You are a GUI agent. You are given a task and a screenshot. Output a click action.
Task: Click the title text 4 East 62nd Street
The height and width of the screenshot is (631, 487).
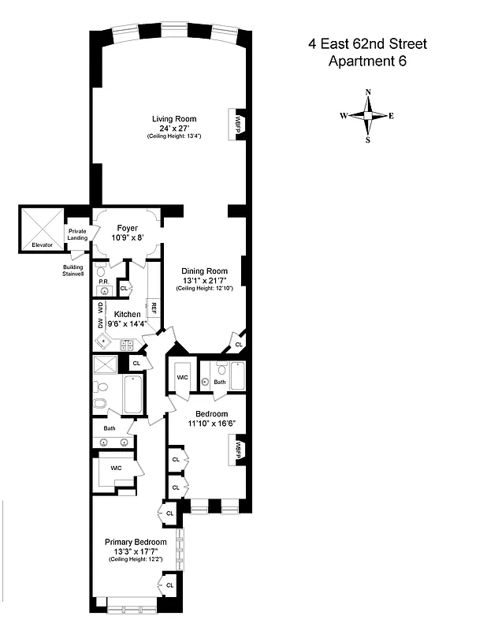pyautogui.click(x=367, y=44)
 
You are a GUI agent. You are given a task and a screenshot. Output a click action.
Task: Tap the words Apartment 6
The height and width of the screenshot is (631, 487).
pyautogui.click(x=367, y=61)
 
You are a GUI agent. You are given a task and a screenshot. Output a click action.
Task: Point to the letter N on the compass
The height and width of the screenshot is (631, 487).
pyautogui.click(x=368, y=92)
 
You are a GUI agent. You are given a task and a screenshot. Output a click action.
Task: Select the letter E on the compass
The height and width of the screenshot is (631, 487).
pyautogui.click(x=392, y=116)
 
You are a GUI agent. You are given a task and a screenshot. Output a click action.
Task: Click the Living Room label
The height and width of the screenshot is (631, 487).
pyautogui.click(x=174, y=119)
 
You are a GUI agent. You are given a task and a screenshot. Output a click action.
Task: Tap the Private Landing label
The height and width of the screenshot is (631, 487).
pyautogui.click(x=77, y=234)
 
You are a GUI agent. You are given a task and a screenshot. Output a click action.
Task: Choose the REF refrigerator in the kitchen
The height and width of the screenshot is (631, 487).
pyautogui.click(x=154, y=308)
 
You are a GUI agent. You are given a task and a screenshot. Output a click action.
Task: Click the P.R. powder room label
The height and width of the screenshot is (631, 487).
pyautogui.click(x=102, y=280)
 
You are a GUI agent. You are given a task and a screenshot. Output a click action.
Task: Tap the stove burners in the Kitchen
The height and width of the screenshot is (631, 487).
pyautogui.click(x=126, y=344)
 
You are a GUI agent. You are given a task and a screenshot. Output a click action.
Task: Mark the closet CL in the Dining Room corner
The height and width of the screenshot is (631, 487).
pyautogui.click(x=237, y=345)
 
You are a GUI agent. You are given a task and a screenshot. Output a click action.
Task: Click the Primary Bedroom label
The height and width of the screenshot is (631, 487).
pyautogui.click(x=136, y=542)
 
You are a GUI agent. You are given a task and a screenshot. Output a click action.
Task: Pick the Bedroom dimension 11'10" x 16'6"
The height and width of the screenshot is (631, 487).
pyautogui.click(x=211, y=424)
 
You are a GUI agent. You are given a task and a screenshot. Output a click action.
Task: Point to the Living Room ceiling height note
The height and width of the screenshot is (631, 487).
pyautogui.click(x=174, y=137)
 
